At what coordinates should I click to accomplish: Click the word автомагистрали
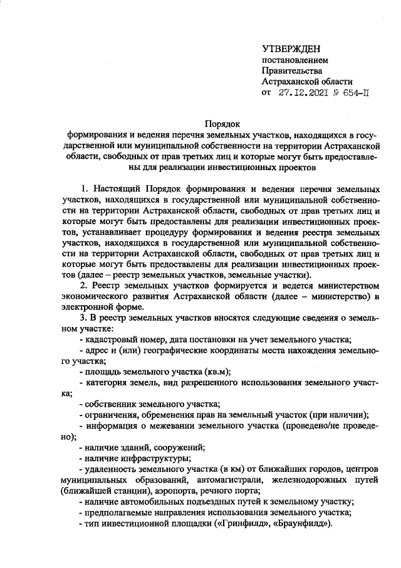point(212,480)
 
